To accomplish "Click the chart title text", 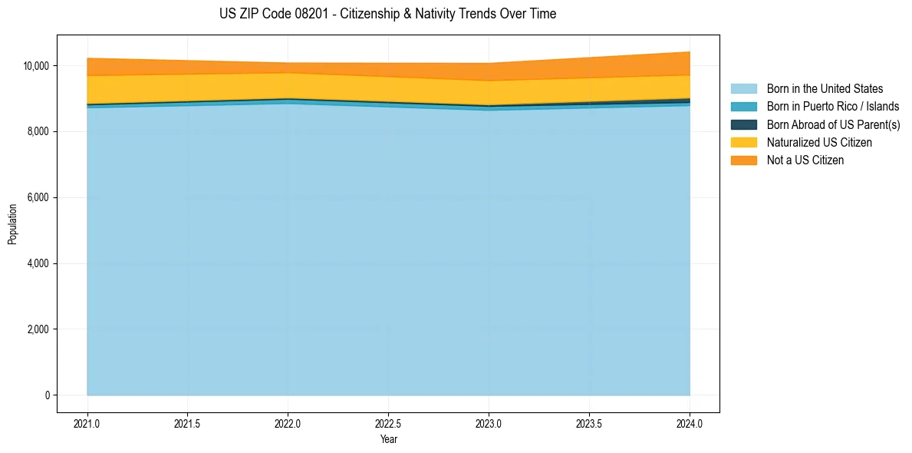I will tap(387, 14).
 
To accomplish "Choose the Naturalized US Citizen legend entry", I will tap(819, 142).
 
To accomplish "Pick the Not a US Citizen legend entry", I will tap(805, 160).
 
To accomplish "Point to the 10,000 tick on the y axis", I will tap(36, 66).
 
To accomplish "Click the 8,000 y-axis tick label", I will tap(38, 132).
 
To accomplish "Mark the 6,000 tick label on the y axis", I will tap(38, 198).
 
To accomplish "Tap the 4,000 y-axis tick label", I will tap(38, 264).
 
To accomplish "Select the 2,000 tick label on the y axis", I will tap(38, 330).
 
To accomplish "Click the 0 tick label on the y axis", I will tap(47, 395).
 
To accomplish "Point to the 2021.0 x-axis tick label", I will tap(87, 423).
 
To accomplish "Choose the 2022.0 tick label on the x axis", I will tap(288, 423).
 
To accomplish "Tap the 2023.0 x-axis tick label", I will tap(489, 423).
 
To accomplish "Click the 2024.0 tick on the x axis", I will tap(690, 423).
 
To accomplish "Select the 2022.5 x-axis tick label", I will tap(388, 423).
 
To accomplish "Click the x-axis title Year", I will tap(388, 439).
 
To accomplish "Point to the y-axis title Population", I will tap(12, 224).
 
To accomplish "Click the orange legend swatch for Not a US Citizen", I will tap(743, 160).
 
